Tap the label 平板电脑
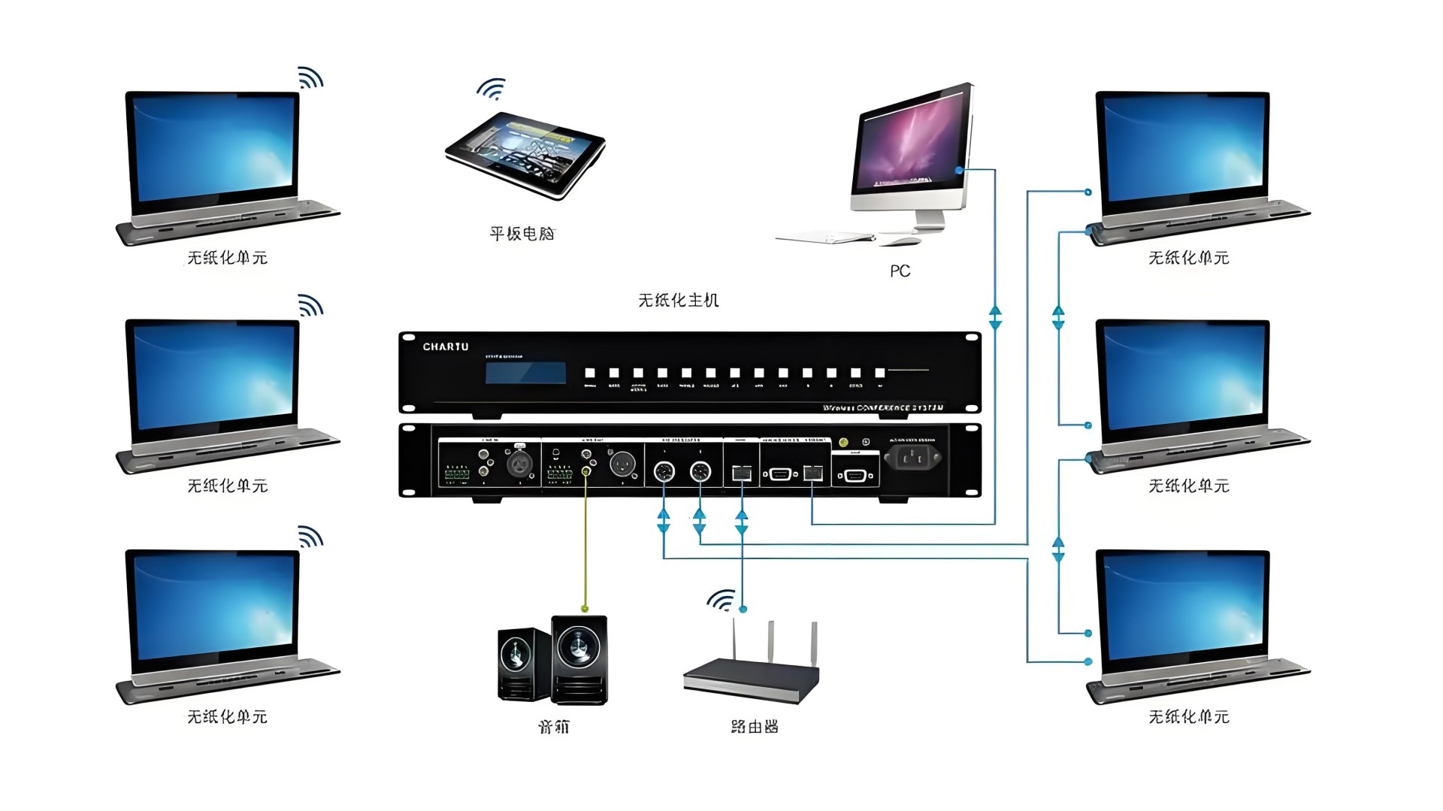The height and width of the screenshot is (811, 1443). [522, 234]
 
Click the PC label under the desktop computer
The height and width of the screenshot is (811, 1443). [900, 271]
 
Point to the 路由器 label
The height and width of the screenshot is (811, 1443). [754, 727]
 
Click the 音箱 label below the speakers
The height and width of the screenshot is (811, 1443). [554, 727]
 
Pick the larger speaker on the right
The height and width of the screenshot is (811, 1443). [579, 659]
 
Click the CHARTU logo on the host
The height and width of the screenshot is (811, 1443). [445, 346]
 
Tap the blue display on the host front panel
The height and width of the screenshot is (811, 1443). [525, 373]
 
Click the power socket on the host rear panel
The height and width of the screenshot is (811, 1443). [912, 456]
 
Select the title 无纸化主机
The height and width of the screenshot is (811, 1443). [678, 301]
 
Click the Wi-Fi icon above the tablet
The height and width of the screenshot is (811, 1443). [492, 89]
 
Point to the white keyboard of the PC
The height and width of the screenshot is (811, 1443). [825, 238]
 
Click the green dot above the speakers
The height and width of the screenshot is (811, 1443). [585, 609]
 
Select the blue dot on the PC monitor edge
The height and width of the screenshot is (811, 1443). [959, 171]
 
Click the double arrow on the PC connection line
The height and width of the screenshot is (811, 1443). [995, 317]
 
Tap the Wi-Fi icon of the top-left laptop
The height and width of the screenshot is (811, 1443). [310, 77]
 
